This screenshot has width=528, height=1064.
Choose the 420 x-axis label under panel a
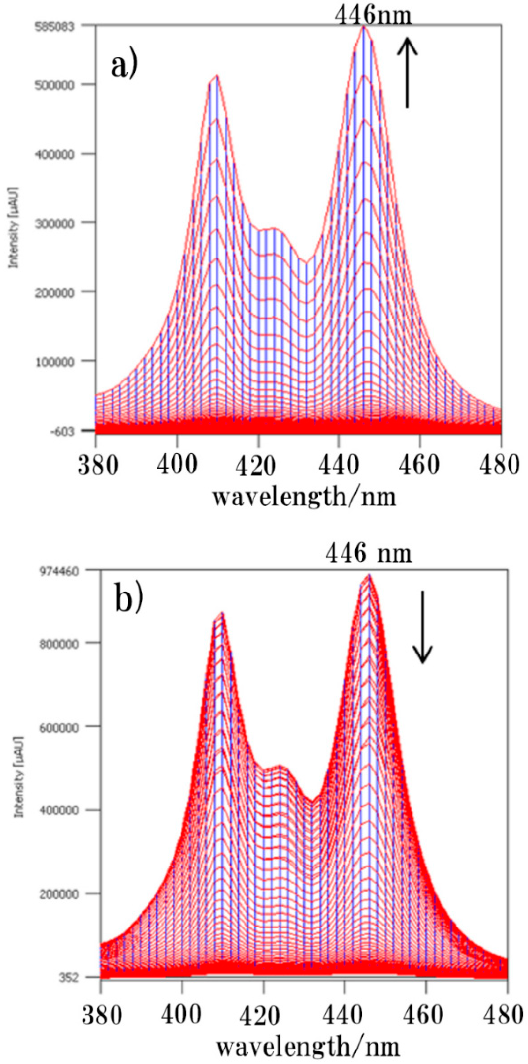pyautogui.click(x=258, y=466)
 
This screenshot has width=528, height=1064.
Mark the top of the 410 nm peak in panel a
pyautogui.click(x=217, y=76)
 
